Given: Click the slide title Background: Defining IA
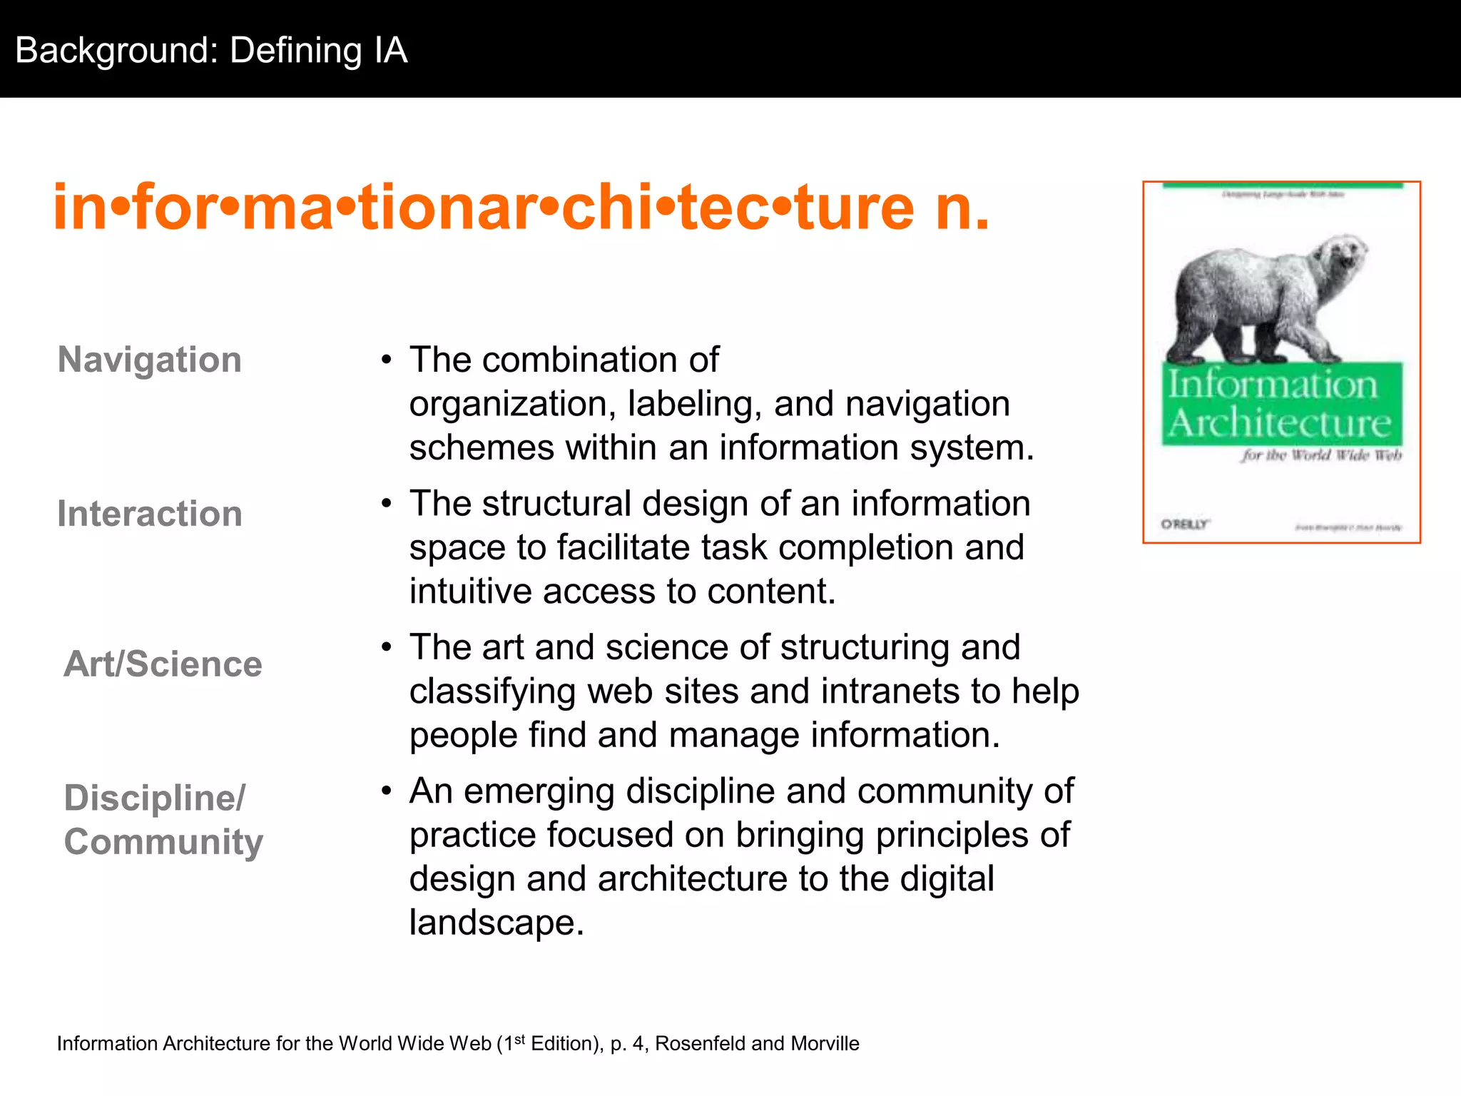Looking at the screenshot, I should (211, 51).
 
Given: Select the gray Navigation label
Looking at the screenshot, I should (149, 359).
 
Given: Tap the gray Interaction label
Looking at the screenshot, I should (150, 514).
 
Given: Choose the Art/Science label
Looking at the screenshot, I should (163, 664).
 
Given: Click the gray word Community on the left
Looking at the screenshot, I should (163, 842).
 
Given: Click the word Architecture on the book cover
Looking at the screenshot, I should (1280, 423).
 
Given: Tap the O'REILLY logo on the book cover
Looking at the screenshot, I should (1184, 524).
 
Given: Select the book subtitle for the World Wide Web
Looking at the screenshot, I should (1321, 455).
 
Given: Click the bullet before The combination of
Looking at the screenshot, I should (386, 360).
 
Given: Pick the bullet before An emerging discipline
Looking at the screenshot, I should (386, 791).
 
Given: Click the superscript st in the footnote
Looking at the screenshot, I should (519, 1039).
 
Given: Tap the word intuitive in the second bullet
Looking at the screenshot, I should (471, 592).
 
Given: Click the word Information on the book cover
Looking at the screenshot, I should (1273, 385).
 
